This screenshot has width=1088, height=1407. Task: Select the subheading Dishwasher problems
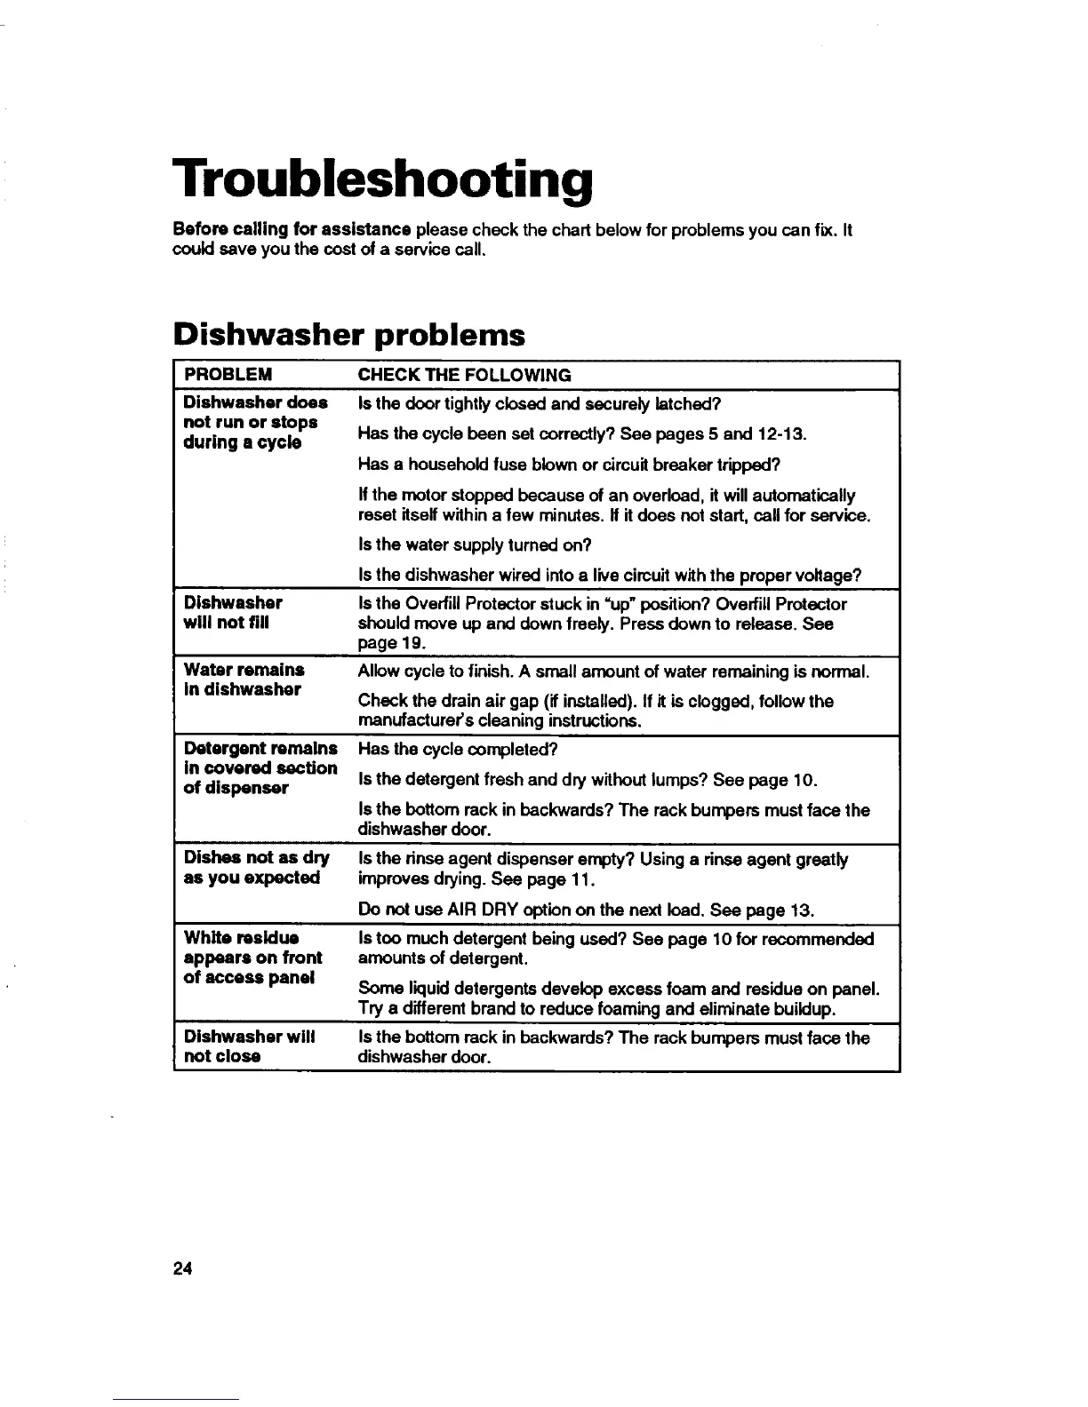click(x=349, y=334)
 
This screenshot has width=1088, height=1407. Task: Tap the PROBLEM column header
click(x=228, y=374)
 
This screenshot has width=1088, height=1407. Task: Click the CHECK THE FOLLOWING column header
click(x=464, y=374)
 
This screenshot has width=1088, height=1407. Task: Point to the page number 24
click(x=183, y=1268)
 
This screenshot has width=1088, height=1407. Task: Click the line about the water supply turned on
click(x=475, y=545)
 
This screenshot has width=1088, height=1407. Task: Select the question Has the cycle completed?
click(x=457, y=749)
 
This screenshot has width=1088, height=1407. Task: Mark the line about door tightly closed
click(x=537, y=404)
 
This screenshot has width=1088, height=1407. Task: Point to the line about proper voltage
click(x=609, y=575)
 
